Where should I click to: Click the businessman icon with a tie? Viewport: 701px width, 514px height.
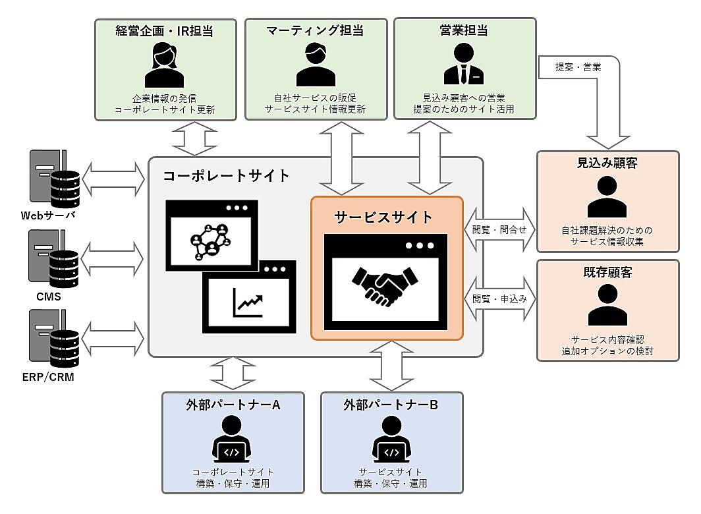pyautogui.click(x=464, y=65)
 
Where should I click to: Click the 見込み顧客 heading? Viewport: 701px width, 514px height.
pyautogui.click(x=607, y=163)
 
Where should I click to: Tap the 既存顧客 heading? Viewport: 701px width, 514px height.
pyautogui.click(x=607, y=271)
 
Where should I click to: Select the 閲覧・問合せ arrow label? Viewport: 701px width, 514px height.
pyautogui.click(x=500, y=229)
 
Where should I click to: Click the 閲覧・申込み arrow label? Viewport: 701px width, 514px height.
pyautogui.click(x=500, y=298)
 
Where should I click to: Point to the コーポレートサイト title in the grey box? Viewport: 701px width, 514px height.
pyautogui.click(x=226, y=176)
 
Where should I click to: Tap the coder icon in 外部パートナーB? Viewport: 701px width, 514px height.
pyautogui.click(x=391, y=448)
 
